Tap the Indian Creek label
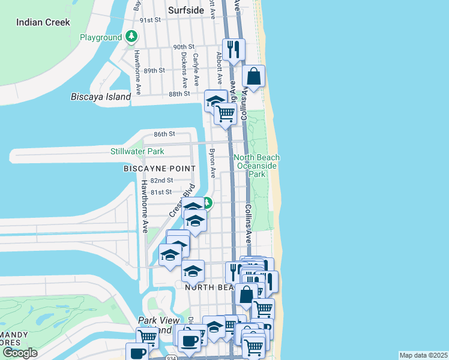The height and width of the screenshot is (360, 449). (43, 22)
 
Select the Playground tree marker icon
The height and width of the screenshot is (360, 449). (131, 37)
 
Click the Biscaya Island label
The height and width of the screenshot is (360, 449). (101, 97)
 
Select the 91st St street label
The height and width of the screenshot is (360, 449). (151, 20)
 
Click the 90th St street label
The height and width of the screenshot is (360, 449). (184, 47)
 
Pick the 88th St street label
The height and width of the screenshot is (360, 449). (179, 94)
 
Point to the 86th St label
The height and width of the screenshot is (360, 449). (163, 134)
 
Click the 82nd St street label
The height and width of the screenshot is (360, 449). (161, 180)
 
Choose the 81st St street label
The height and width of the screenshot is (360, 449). (161, 192)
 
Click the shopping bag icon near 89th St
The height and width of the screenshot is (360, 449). (254, 76)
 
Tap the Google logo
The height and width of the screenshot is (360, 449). (20, 353)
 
